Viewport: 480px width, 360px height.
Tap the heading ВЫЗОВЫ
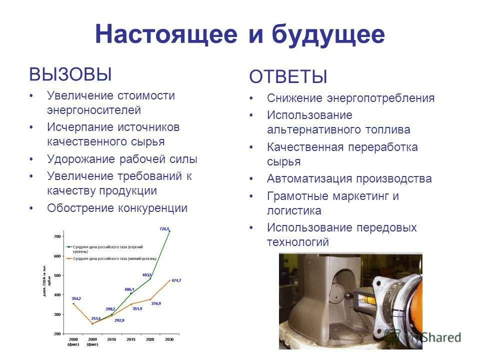tap(70, 74)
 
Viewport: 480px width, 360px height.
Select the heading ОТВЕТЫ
tap(288, 77)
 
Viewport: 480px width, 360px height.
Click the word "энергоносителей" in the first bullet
tap(94, 110)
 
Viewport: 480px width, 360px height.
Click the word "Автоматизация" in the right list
tap(306, 179)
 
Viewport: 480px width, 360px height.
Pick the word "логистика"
tap(294, 210)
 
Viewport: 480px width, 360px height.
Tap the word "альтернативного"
tap(313, 130)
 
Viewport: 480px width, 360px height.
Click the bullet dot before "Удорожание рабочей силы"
tap(31, 159)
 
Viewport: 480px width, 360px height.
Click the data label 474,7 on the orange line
tap(176, 280)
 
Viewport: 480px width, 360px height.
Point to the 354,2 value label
tap(75, 298)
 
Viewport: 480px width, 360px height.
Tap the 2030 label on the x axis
tap(169, 339)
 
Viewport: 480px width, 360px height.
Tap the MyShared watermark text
tap(434, 337)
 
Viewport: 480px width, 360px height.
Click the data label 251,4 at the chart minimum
tap(95, 318)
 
